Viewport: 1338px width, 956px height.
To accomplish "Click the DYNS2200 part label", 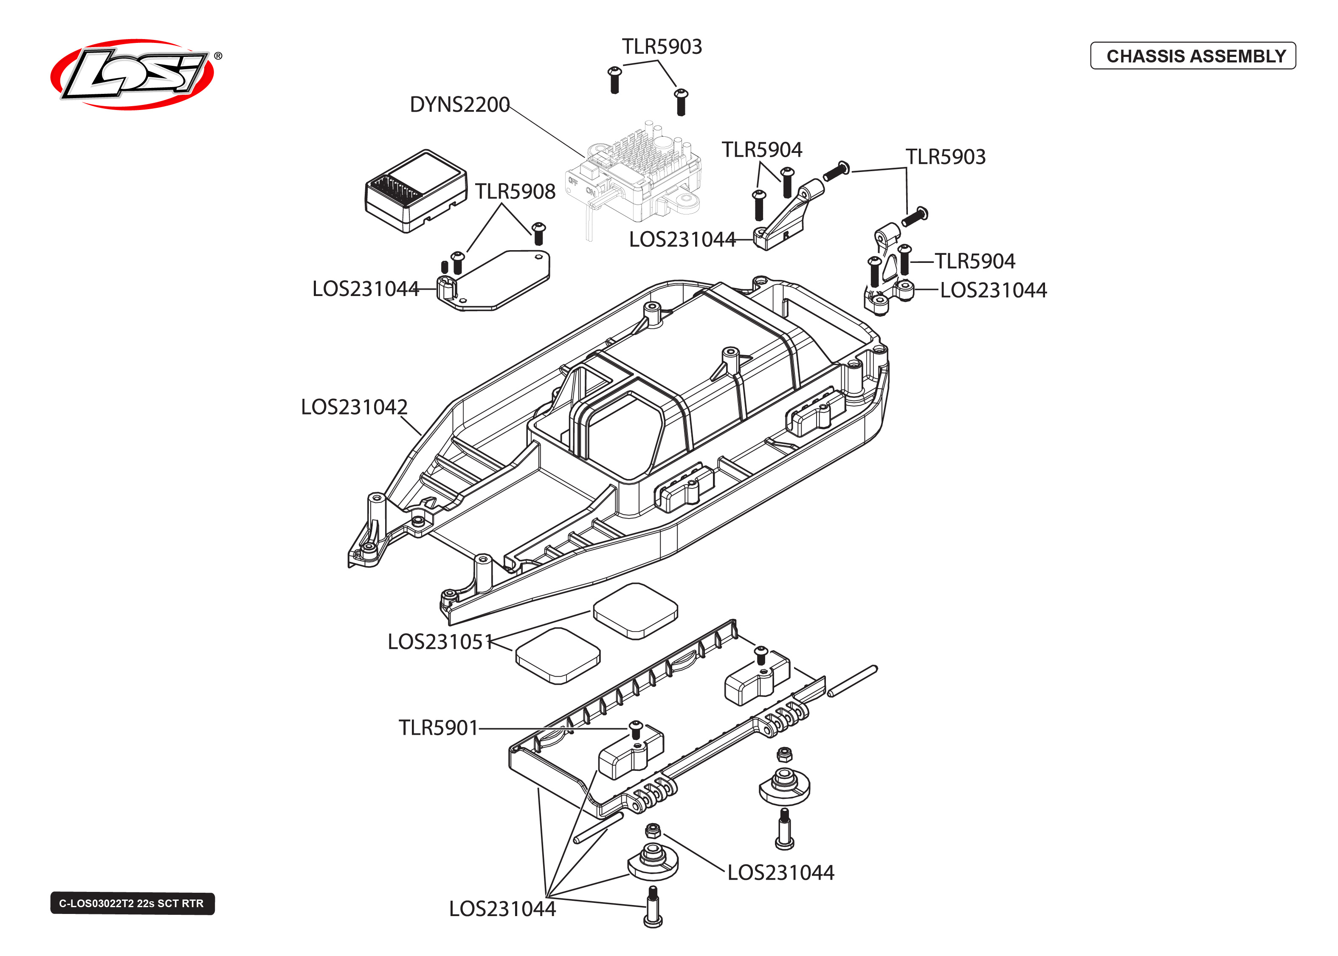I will pyautogui.click(x=459, y=105).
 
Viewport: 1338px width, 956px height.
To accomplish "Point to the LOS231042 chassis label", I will pyautogui.click(x=354, y=407).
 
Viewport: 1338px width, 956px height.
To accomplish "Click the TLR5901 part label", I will pyautogui.click(x=438, y=728).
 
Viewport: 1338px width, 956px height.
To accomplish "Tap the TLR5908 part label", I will pyautogui.click(x=515, y=191).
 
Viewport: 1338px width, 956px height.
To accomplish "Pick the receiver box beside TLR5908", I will pyautogui.click(x=415, y=191).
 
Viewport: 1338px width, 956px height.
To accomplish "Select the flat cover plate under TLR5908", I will pyautogui.click(x=500, y=279).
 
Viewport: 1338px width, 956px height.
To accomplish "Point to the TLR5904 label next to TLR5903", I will pyautogui.click(x=761, y=149).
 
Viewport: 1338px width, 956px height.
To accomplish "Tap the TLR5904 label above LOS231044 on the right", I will pyautogui.click(x=975, y=261).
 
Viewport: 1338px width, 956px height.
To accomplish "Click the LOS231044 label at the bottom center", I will pyautogui.click(x=501, y=909).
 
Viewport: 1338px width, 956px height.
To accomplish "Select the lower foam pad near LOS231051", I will pyautogui.click(x=557, y=655).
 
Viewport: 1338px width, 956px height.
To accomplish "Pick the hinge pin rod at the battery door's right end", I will pyautogui.click(x=852, y=681).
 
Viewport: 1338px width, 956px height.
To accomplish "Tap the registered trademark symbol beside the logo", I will pyautogui.click(x=218, y=56).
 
